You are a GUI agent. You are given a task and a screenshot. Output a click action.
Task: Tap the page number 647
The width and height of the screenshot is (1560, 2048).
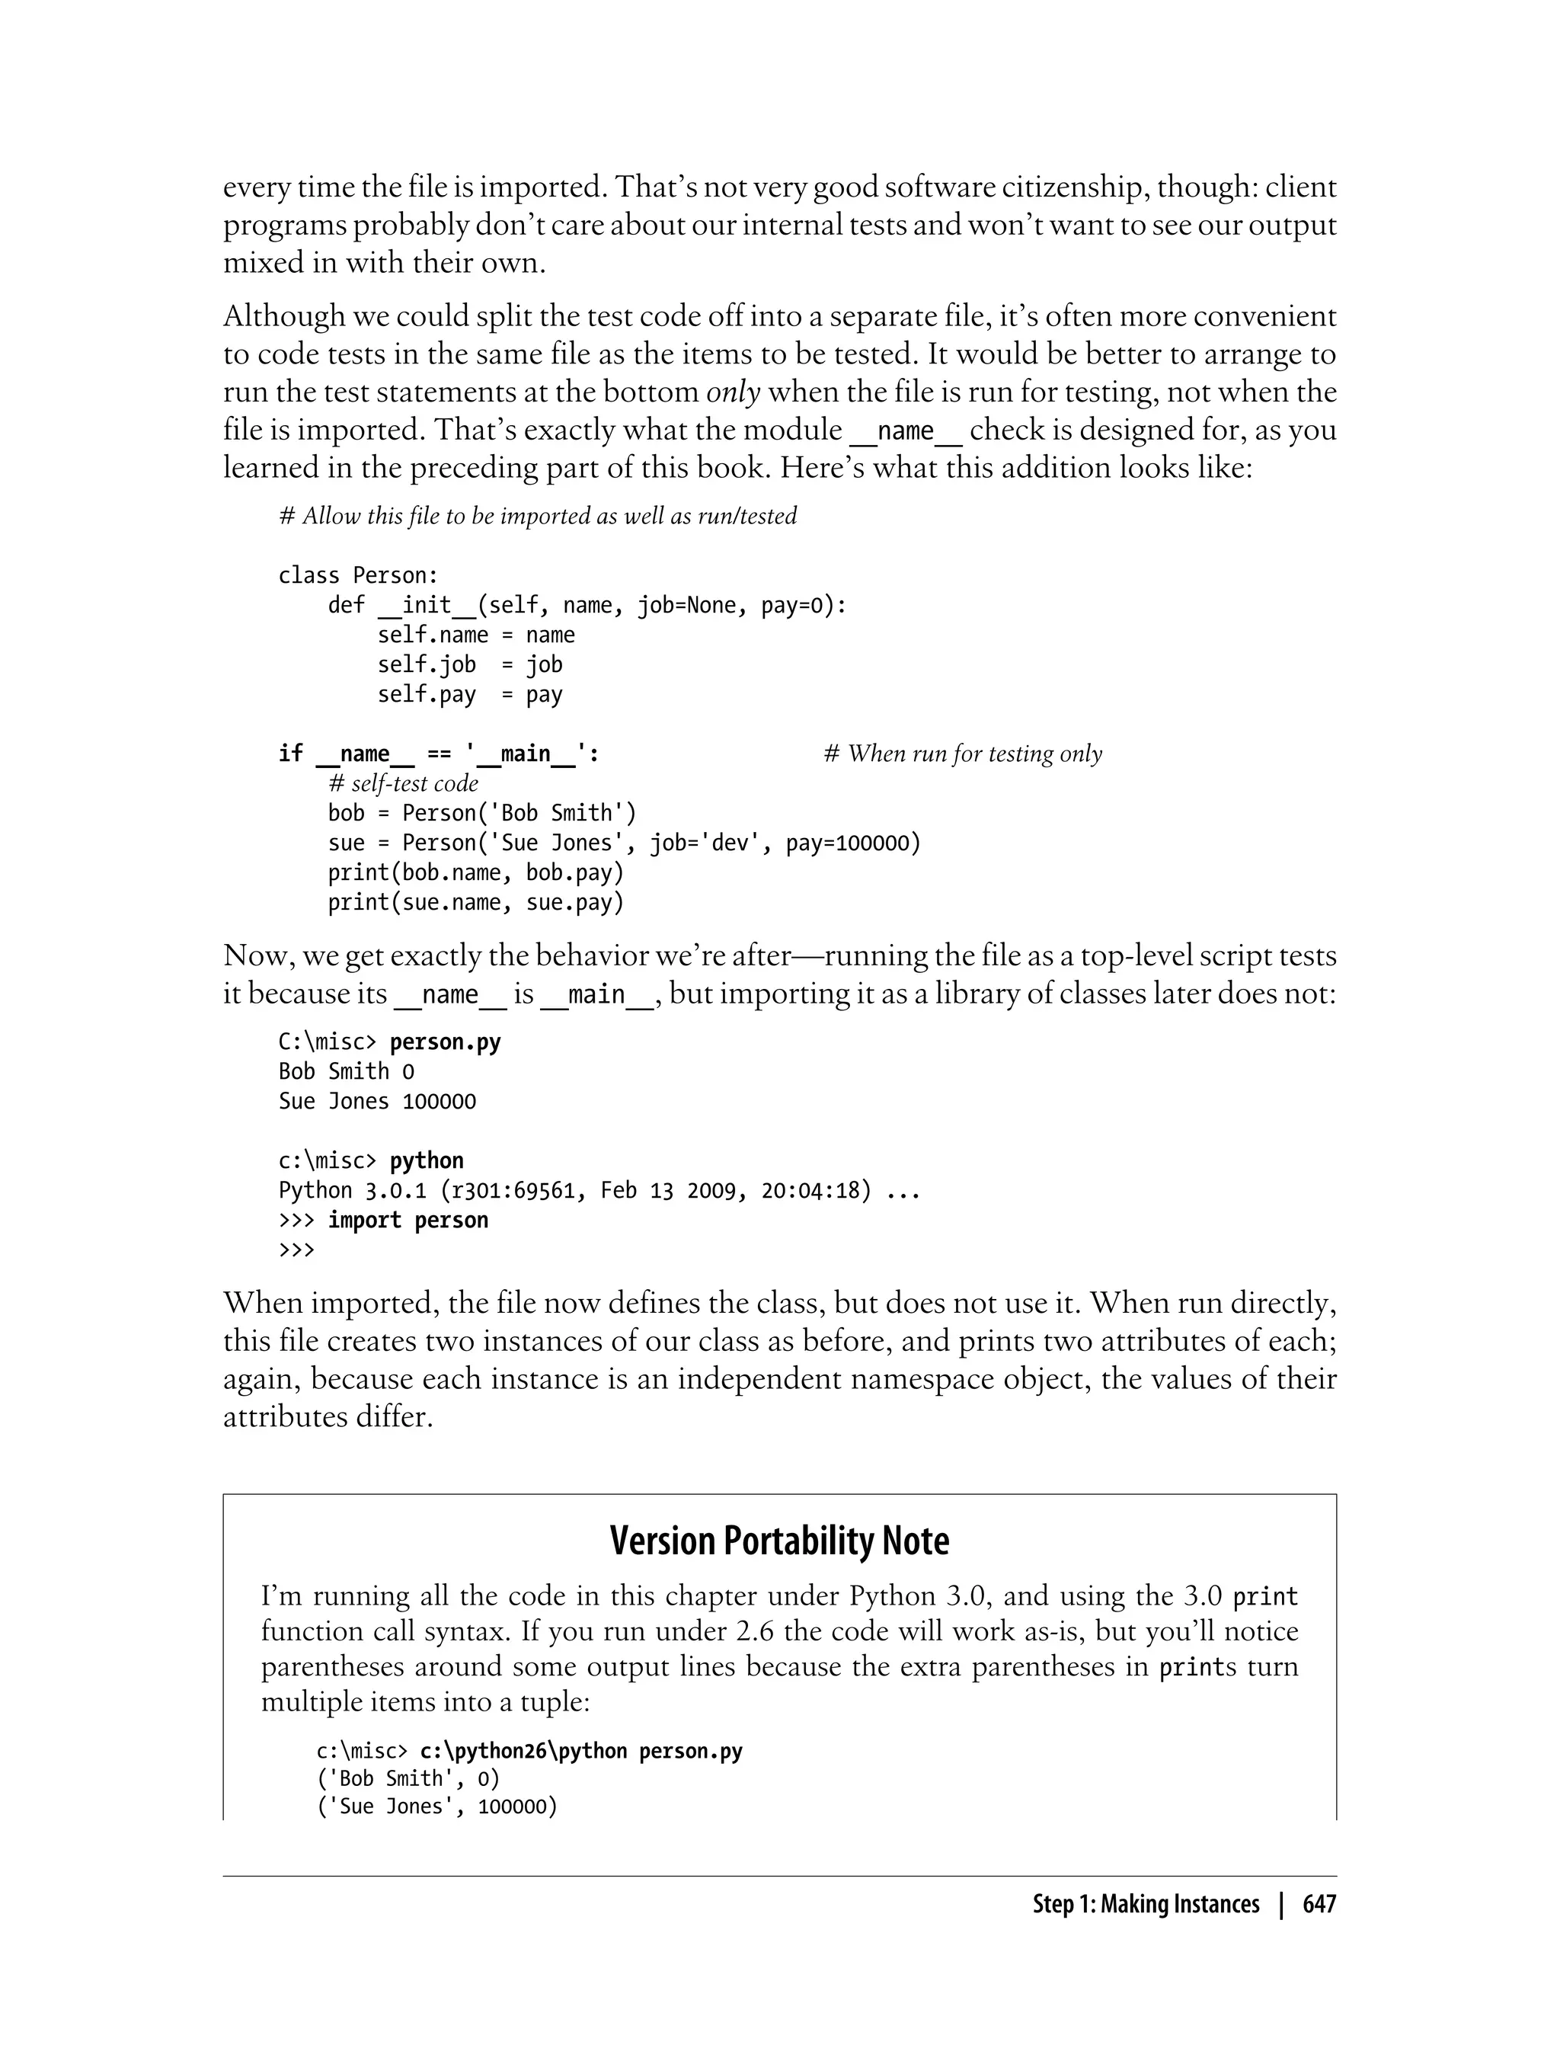click(x=1319, y=1904)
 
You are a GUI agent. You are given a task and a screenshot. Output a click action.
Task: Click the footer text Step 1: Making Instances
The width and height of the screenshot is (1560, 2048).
click(x=1146, y=1904)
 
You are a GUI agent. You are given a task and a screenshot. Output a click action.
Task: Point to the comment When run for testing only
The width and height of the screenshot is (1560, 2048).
click(x=963, y=754)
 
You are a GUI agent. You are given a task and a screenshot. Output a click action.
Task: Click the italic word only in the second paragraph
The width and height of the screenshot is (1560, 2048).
click(x=734, y=392)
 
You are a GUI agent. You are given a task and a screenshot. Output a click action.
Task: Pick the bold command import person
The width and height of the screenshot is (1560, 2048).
click(x=408, y=1221)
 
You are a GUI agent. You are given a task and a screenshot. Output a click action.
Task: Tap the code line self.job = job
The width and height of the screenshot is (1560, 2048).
click(x=470, y=665)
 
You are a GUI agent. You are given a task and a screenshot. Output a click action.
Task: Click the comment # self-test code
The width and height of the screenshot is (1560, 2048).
click(x=403, y=784)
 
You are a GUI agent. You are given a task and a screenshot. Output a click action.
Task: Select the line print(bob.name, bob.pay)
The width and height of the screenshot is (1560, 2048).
click(x=475, y=873)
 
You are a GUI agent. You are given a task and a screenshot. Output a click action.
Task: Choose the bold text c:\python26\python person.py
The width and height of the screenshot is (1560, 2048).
click(x=581, y=1751)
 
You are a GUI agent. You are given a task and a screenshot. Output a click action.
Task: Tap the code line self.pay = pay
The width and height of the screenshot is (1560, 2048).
click(x=470, y=695)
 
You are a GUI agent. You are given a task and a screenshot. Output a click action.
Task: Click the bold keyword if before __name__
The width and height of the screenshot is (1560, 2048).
click(x=291, y=754)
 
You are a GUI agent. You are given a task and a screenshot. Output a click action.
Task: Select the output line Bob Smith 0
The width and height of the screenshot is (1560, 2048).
click(x=347, y=1072)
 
